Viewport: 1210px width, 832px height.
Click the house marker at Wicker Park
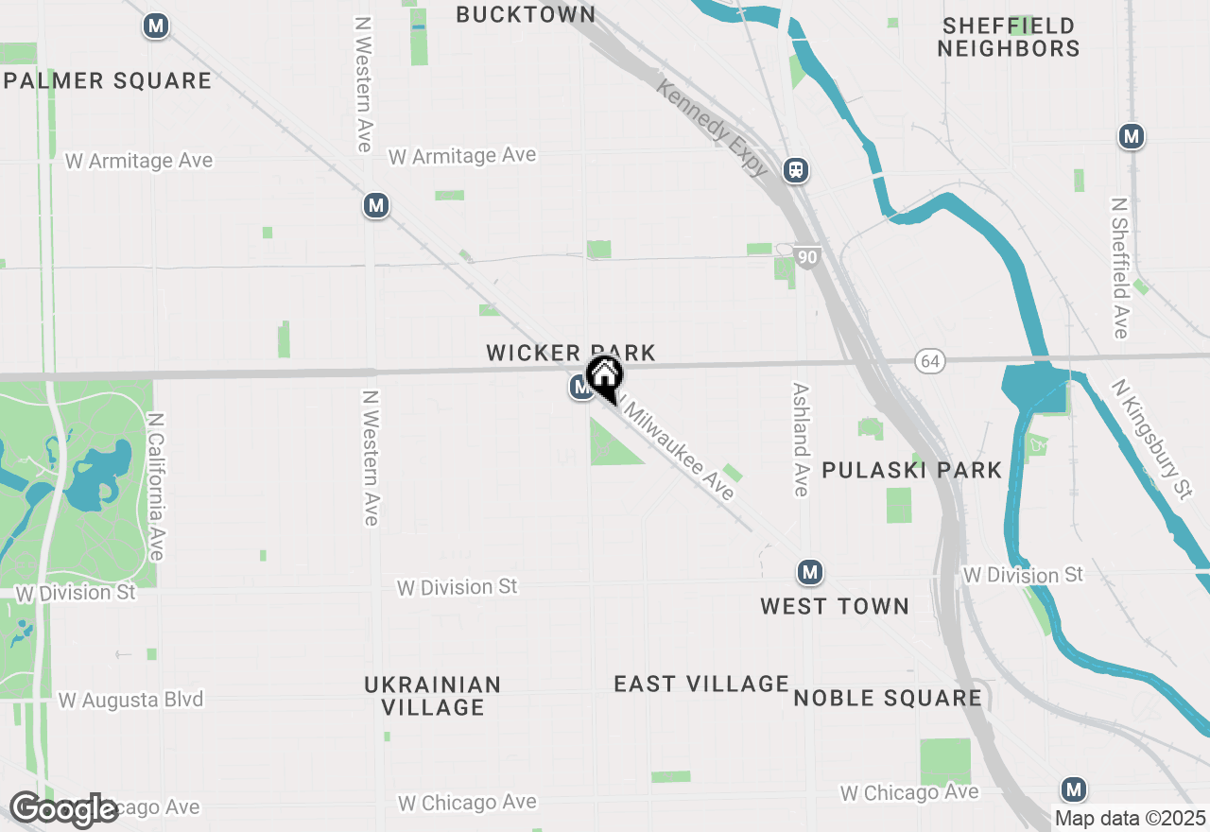click(x=604, y=377)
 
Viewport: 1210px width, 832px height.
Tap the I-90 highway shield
click(x=806, y=257)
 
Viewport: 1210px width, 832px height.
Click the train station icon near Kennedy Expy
click(x=797, y=170)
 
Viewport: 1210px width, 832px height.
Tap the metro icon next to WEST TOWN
click(x=808, y=572)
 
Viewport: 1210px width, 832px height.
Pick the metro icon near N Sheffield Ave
click(x=1131, y=136)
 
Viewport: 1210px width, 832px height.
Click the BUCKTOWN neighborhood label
click(x=526, y=14)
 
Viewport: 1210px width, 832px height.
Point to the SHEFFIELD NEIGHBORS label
click(x=1009, y=37)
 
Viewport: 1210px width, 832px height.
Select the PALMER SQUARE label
click(x=108, y=80)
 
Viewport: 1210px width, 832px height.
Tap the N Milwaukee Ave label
click(x=677, y=449)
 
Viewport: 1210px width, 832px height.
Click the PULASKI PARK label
click(x=911, y=470)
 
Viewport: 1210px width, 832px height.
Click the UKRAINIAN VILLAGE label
click(x=433, y=695)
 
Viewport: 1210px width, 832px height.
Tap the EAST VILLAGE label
click(x=700, y=684)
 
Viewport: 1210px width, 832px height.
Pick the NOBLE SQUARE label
click(x=888, y=698)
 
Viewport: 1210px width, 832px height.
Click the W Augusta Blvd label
click(x=130, y=701)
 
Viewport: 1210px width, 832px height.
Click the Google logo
click(x=64, y=810)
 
